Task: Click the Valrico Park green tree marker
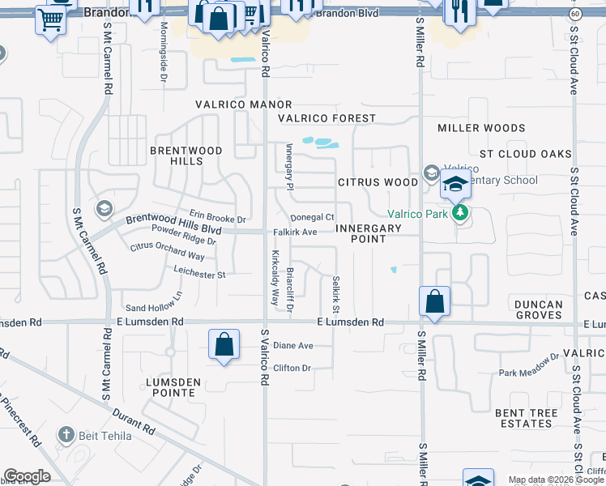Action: pos(461,214)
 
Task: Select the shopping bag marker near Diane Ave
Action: pos(224,344)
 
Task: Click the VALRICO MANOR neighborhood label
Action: pos(243,105)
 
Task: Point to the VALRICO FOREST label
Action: pos(327,118)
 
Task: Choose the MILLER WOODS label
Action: pos(481,128)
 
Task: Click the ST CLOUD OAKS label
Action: pos(526,154)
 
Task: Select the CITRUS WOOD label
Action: pos(378,182)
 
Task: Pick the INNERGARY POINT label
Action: pos(369,233)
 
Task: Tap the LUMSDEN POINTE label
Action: pos(170,386)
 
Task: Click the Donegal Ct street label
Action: pos(313,217)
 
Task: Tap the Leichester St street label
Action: pos(198,275)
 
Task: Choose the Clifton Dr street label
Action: pos(292,368)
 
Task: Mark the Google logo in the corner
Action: pos(28,476)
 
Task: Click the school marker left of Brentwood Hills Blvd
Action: pos(103,210)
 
